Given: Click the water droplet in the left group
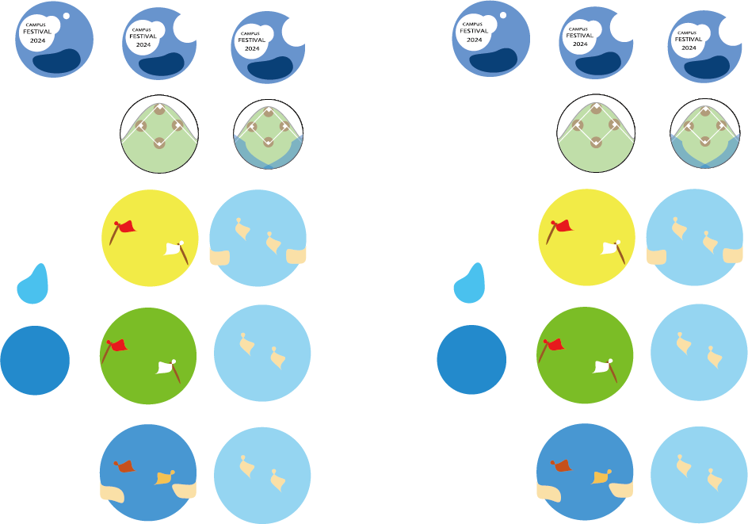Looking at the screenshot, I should [x=33, y=285].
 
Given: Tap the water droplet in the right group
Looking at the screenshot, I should [x=470, y=285].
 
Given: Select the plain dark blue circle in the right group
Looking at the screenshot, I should [x=471, y=360].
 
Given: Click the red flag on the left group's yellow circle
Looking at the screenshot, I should [x=124, y=228].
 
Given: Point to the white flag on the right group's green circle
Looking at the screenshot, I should [x=604, y=366].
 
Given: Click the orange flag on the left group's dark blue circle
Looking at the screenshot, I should [x=124, y=466].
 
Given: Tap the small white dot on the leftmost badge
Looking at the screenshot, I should [x=66, y=16].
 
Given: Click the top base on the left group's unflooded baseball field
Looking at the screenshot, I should [x=159, y=109].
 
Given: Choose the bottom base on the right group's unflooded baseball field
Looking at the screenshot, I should [x=596, y=143].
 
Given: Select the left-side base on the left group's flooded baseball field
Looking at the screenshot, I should [x=251, y=126].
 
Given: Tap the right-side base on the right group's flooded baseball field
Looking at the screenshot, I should [x=722, y=126].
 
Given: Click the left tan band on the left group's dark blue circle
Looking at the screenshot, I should [x=112, y=492].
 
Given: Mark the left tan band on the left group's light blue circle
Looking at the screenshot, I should [x=219, y=257].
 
